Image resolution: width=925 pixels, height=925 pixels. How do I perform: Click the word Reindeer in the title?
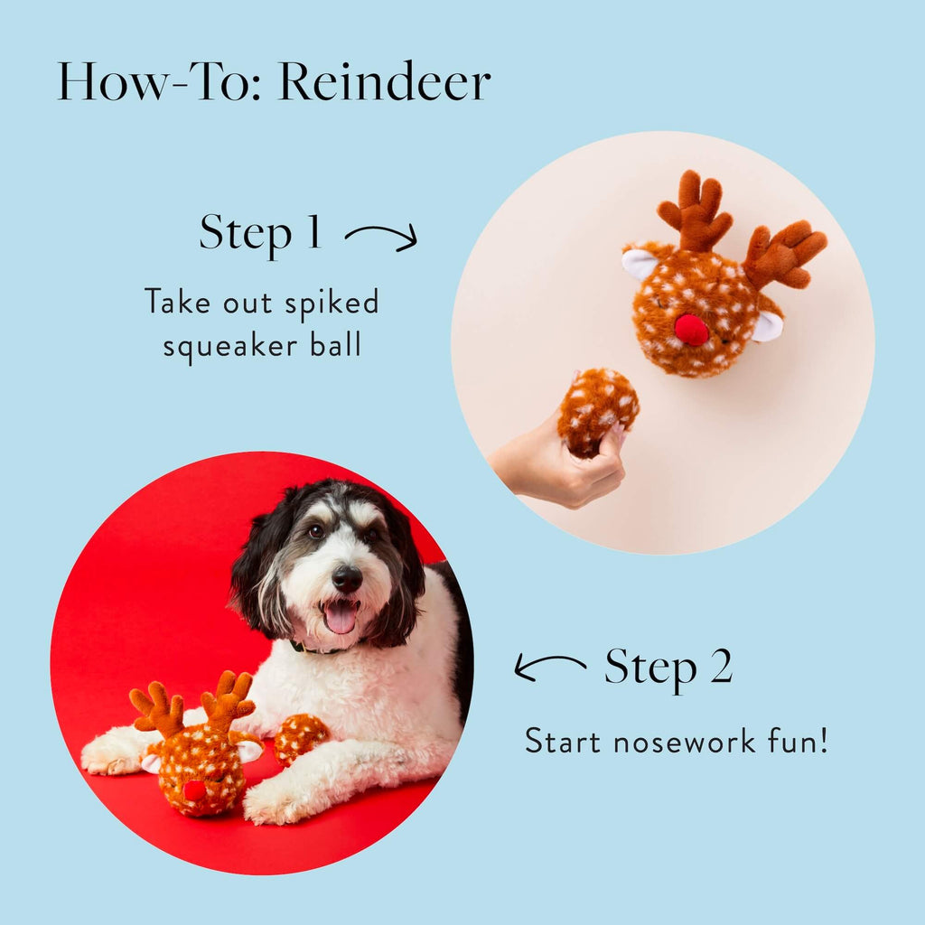(384, 82)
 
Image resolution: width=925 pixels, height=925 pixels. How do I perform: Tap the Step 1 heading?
(260, 232)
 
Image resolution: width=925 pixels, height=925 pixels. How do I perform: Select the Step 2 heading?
(668, 668)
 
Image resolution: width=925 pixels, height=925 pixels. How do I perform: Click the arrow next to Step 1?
(381, 238)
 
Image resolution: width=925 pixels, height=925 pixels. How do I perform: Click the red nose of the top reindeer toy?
(691, 330)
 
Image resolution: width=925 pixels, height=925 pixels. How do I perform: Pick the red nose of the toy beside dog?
(194, 790)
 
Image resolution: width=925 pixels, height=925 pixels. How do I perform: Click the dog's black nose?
(347, 578)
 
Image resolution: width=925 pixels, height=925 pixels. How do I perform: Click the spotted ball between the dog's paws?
(299, 736)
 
